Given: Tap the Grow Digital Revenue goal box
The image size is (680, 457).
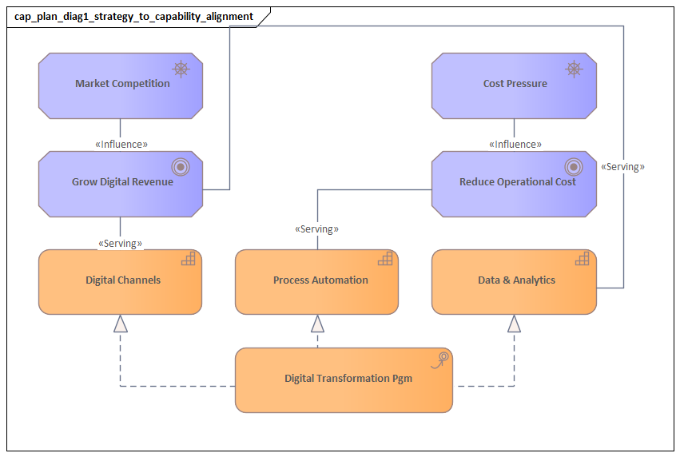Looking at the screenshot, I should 121,183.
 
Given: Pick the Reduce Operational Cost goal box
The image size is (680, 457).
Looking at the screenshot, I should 514,183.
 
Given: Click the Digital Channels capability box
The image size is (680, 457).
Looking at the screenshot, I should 121,281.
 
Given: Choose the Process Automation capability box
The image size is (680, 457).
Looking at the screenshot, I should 317,281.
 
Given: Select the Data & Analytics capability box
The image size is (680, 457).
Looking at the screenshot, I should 514,281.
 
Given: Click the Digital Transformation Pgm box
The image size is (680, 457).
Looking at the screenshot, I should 344,380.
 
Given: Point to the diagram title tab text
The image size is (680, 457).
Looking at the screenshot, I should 134,16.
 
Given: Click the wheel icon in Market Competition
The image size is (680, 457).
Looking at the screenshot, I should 181,69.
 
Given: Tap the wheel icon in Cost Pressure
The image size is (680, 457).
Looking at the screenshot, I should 574,69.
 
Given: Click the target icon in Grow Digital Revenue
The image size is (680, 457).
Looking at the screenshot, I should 181,167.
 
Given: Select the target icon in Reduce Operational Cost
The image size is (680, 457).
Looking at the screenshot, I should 574,167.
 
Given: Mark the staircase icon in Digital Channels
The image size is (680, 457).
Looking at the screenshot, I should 189,259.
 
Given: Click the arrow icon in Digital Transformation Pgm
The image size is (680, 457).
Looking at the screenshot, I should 440,359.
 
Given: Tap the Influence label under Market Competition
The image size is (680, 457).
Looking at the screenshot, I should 121,145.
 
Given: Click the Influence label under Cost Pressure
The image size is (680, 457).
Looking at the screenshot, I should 515,145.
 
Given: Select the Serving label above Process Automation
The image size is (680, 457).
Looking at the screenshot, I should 317,229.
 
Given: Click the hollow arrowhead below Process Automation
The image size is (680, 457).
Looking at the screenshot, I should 317,323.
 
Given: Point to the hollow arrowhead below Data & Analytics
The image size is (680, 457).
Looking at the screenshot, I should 514,323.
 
